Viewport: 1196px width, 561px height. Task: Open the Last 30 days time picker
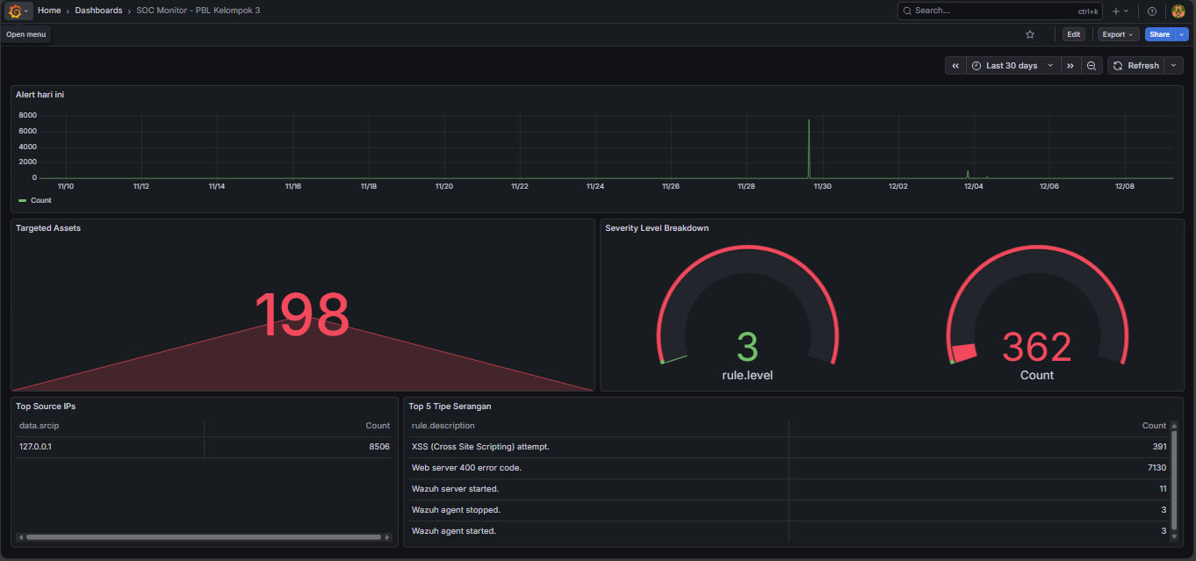pos(1012,66)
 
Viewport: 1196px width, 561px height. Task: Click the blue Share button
pos(1159,34)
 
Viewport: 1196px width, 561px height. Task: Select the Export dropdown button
pos(1118,34)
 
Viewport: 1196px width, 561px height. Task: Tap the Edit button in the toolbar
pos(1073,34)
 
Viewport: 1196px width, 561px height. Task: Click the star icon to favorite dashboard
pos(1030,34)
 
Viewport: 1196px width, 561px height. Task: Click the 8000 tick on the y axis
pos(27,116)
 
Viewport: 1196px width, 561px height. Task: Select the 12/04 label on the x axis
pos(973,186)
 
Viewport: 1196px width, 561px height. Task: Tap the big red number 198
pos(302,315)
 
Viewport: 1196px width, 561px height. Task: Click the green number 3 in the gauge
pos(746,346)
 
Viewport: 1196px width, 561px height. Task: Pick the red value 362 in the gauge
pos(1036,348)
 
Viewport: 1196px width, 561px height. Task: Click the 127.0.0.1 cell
pos(35,447)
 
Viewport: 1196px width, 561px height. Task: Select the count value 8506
pos(378,447)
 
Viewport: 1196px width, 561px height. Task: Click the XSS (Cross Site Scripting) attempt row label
pos(480,447)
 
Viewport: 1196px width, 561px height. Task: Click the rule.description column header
pos(443,426)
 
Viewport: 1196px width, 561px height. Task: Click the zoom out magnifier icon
pos(1092,66)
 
